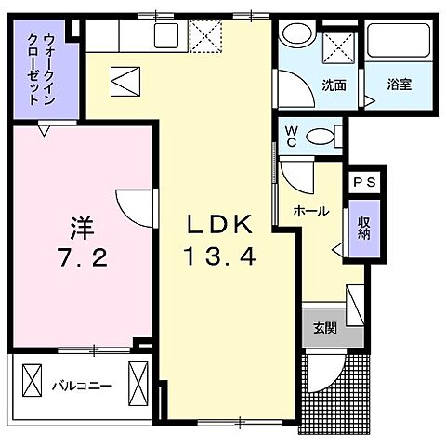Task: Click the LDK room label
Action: click(220, 224)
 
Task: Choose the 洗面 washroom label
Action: click(334, 85)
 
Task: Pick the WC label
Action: click(292, 136)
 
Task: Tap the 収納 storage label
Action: click(362, 225)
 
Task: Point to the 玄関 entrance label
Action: click(324, 327)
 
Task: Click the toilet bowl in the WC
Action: click(321, 136)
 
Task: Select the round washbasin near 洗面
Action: click(298, 35)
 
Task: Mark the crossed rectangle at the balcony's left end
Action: click(33, 381)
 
